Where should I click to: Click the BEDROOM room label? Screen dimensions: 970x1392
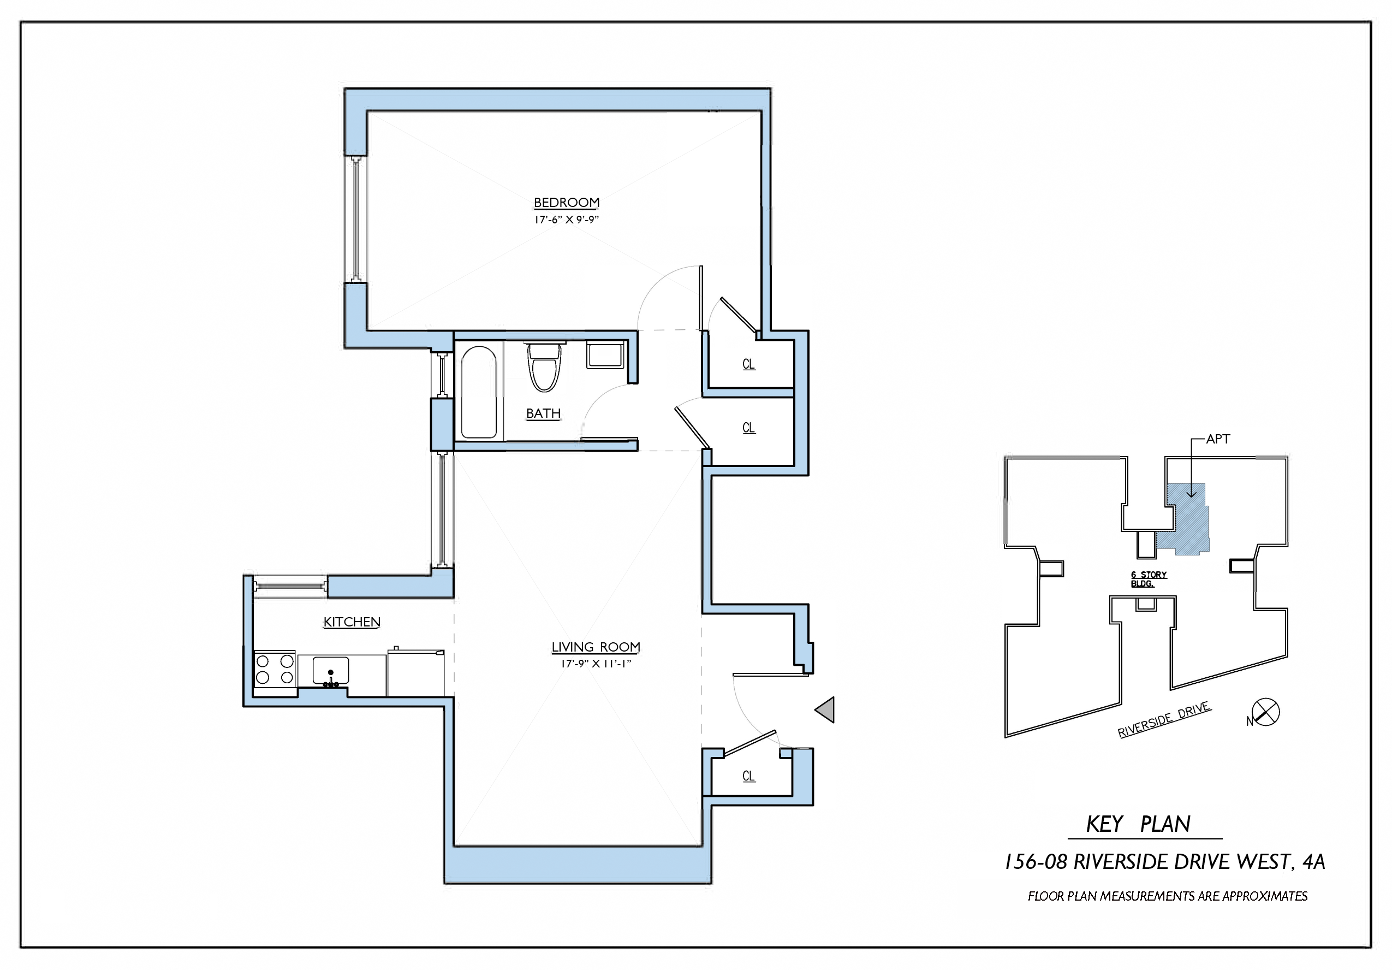(566, 203)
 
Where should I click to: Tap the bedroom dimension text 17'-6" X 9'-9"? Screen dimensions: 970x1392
(566, 220)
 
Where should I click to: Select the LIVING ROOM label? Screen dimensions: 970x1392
(596, 647)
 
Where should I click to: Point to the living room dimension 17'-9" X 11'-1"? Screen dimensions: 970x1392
(596, 664)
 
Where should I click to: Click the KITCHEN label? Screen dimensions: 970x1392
(352, 622)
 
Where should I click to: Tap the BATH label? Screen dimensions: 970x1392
(543, 413)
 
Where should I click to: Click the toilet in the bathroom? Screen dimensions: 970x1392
(544, 368)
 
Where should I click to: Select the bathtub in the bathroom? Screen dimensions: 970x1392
(479, 392)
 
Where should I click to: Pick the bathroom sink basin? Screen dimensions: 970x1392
(605, 356)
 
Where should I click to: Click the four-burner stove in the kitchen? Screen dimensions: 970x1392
(275, 669)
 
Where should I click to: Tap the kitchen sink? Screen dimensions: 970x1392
(330, 671)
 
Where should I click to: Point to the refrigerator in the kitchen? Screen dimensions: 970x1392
(416, 673)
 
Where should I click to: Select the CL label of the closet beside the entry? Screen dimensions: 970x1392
(749, 777)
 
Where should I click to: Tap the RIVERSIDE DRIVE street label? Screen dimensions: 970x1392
(1164, 719)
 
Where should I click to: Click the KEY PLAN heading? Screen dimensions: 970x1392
(1138, 824)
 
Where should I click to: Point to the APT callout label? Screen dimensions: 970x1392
(1217, 439)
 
